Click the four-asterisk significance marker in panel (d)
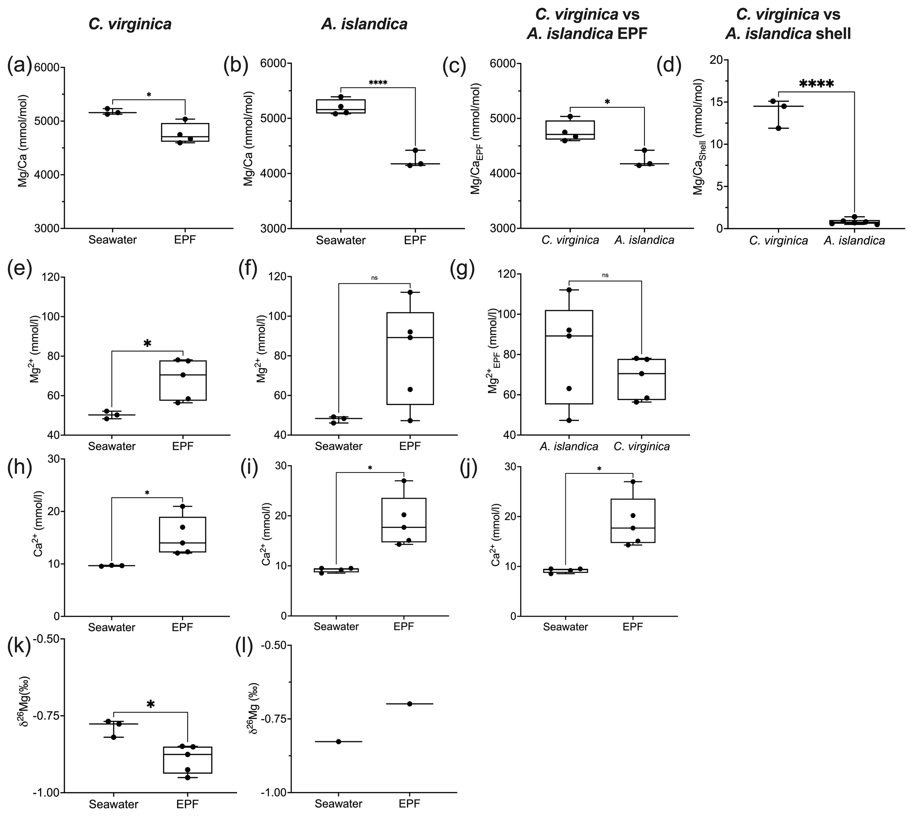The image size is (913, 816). (x=816, y=84)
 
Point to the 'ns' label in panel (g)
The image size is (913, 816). (x=605, y=275)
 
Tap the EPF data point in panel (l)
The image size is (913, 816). (x=409, y=704)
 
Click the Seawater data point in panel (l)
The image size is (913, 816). (x=339, y=742)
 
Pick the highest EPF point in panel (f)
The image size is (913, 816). (x=410, y=292)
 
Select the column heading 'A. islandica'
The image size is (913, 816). (x=364, y=24)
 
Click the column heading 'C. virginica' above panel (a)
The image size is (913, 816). (x=130, y=24)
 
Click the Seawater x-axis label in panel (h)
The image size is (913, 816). (x=112, y=627)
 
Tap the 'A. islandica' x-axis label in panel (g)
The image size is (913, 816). (x=568, y=446)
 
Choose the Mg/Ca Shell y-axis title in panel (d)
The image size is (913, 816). (x=698, y=137)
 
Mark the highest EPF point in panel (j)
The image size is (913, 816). (x=633, y=481)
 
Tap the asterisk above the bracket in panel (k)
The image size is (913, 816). (x=151, y=705)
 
